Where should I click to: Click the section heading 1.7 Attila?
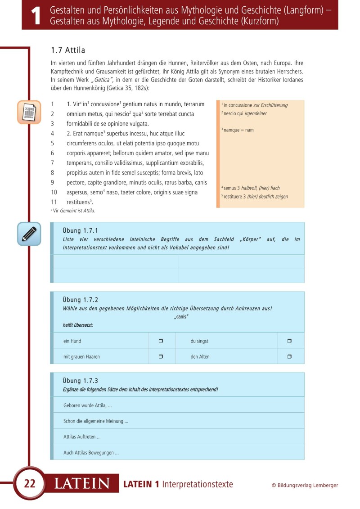coord(69,50)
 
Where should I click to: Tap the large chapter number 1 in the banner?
coord(36,16)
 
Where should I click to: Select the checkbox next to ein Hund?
coord(161,341)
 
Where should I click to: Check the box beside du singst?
coord(289,341)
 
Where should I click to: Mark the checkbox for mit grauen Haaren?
coord(161,356)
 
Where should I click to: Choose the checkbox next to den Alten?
coord(289,356)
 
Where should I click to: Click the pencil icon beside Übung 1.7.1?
coord(29,234)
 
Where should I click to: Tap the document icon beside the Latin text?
coord(29,112)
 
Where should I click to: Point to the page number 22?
coord(30,484)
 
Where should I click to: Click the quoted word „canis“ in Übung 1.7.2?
coord(181,317)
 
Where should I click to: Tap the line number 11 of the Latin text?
coord(54,202)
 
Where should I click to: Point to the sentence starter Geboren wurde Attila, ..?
coord(88,405)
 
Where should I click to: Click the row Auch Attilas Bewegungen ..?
coord(91,453)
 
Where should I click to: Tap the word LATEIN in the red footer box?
coord(82,484)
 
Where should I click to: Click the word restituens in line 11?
coord(79,202)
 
